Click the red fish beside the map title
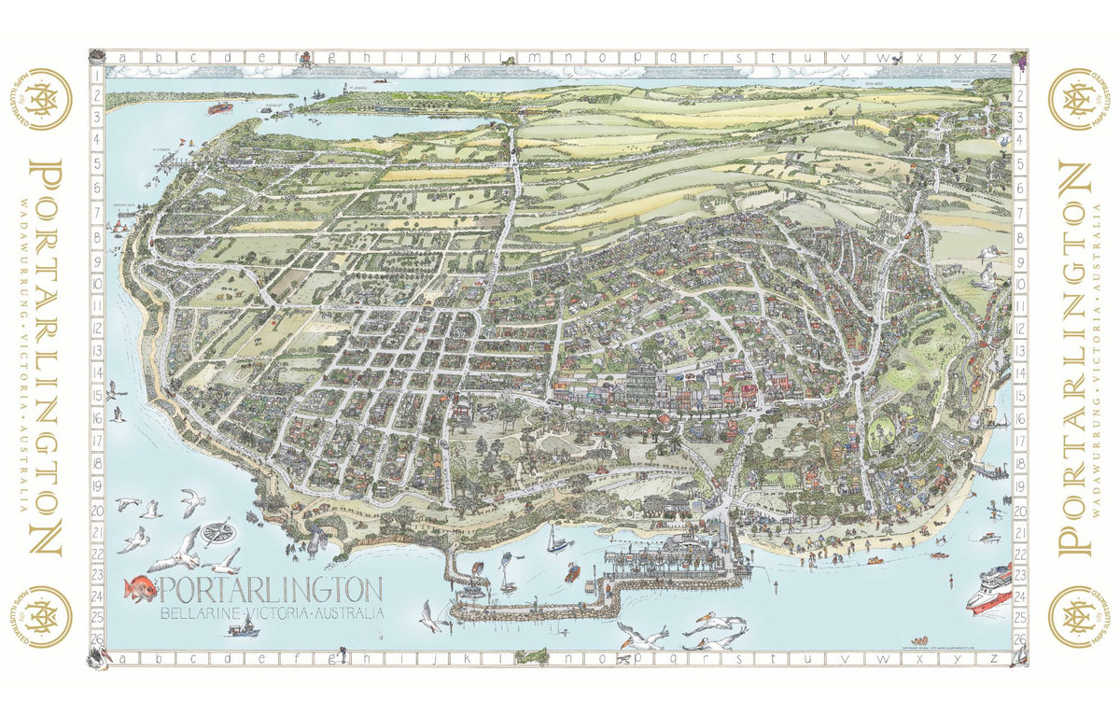[x=140, y=589]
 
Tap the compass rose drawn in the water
[x=218, y=532]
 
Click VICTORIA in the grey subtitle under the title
[x=278, y=612]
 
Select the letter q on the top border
[x=664, y=58]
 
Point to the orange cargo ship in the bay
[x=218, y=107]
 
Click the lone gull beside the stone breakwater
[x=430, y=616]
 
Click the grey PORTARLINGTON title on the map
[x=271, y=590]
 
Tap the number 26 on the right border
[x=1019, y=639]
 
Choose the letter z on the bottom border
[x=995, y=659]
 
